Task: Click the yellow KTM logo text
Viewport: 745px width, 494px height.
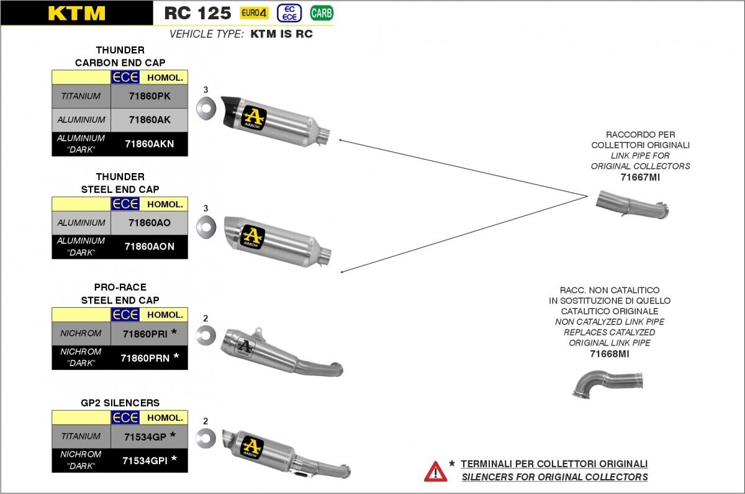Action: click(x=76, y=13)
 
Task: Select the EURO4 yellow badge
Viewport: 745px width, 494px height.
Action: click(x=254, y=13)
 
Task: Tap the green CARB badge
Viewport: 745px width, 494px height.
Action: click(x=322, y=13)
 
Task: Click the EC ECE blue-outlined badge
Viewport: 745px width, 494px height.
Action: click(x=289, y=13)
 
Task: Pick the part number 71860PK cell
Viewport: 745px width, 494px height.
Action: click(x=150, y=96)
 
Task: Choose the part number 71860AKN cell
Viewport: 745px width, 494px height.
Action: click(x=150, y=144)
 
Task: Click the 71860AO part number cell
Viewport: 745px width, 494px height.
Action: click(x=150, y=223)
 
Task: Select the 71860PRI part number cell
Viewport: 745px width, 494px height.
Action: click(x=150, y=333)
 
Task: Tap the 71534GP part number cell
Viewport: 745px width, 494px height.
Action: click(x=150, y=436)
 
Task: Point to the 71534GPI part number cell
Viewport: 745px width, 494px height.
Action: click(x=150, y=460)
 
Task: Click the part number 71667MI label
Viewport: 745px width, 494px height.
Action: click(x=640, y=177)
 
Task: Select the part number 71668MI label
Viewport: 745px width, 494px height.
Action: click(x=609, y=354)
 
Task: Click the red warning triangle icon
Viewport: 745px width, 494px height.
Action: click(x=435, y=472)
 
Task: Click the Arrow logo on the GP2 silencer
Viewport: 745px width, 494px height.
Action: click(x=253, y=446)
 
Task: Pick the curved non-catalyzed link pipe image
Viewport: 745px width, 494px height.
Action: click(x=607, y=384)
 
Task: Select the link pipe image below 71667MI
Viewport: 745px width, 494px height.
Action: click(x=632, y=204)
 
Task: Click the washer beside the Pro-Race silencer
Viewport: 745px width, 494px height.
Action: click(x=205, y=335)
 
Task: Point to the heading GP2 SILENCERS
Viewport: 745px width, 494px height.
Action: click(x=120, y=403)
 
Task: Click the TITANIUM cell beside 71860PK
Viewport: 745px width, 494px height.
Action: click(x=81, y=96)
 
